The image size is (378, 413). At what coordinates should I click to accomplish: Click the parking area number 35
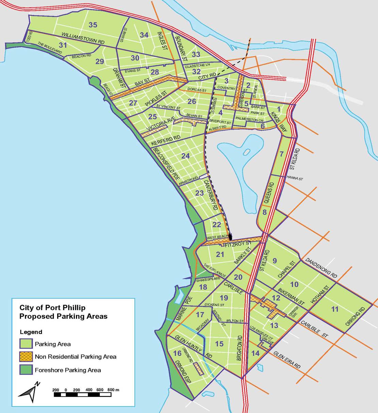[x=93, y=25]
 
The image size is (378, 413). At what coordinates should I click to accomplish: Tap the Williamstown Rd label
[x=83, y=38]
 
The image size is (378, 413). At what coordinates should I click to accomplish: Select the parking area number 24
[x=185, y=156]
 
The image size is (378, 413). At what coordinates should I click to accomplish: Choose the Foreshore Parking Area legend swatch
[x=26, y=370]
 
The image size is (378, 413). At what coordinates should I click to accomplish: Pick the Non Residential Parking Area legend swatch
[x=26, y=357]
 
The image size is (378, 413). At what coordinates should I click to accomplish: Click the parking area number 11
[x=335, y=309]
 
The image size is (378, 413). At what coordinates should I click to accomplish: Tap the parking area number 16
[x=177, y=353]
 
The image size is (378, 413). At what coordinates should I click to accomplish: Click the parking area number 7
[x=281, y=154]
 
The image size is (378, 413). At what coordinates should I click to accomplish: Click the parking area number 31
[x=63, y=45]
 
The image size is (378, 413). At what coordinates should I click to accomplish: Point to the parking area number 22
[x=217, y=225]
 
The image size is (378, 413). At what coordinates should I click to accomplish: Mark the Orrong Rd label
[x=355, y=317]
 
